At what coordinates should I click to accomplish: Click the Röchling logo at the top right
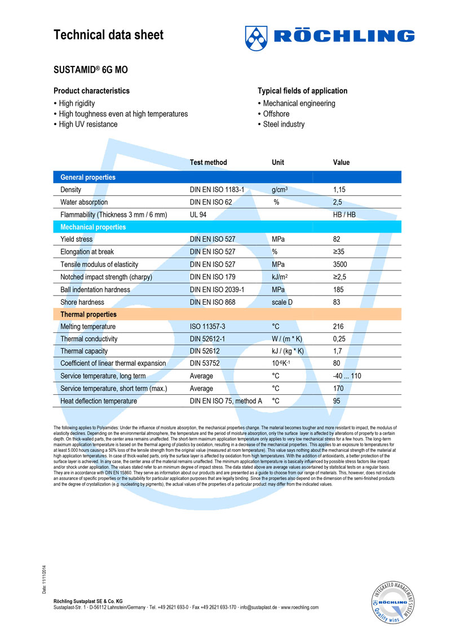click(329, 37)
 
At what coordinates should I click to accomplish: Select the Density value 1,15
click(341, 190)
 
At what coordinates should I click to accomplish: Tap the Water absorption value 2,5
click(338, 202)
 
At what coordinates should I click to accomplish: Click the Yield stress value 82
click(337, 239)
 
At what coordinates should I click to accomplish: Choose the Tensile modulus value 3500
click(342, 264)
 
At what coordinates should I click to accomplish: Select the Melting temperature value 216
click(339, 327)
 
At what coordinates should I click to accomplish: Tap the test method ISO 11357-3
click(211, 327)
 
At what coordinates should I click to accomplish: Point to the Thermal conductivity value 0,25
click(341, 339)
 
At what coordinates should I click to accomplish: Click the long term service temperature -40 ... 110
click(347, 376)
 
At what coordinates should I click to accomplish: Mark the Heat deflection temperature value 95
click(337, 401)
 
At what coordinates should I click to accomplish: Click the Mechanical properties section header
click(93, 227)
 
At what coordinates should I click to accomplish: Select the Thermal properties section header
click(89, 314)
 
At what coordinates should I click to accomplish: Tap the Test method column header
click(209, 162)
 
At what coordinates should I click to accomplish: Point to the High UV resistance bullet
click(88, 124)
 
